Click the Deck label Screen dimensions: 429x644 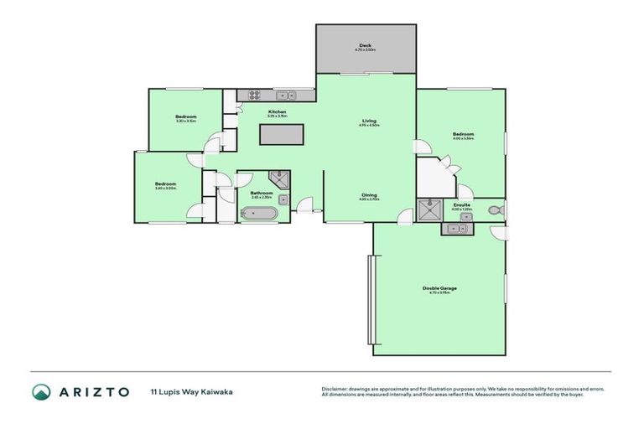point(365,45)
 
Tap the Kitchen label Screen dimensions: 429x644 point(277,111)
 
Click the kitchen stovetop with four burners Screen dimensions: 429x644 point(252,95)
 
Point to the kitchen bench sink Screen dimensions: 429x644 point(286,95)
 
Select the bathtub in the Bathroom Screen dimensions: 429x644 point(258,214)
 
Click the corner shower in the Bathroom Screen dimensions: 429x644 point(279,179)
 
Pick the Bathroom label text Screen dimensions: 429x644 point(262,194)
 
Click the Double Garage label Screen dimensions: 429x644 point(439,288)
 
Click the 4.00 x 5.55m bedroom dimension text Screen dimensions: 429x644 point(464,139)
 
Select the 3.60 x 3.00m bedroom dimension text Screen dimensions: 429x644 point(165,189)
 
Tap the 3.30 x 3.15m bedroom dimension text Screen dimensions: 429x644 point(186,121)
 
